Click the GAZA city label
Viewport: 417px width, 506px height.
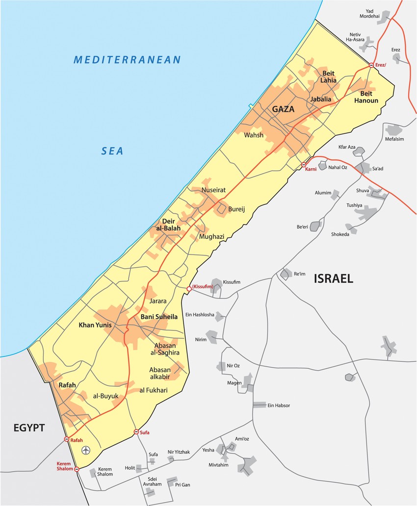click(x=284, y=109)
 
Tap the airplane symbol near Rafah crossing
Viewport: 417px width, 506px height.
click(x=87, y=450)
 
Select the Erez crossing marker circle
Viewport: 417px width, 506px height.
click(x=371, y=65)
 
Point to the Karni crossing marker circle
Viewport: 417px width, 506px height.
click(x=304, y=165)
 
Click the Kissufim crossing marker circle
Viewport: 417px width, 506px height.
click(x=189, y=289)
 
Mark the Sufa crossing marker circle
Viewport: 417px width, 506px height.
click(x=136, y=432)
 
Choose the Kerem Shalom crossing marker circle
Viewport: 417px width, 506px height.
click(x=77, y=469)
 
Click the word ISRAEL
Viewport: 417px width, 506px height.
click(x=333, y=279)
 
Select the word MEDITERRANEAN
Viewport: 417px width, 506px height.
click(x=127, y=60)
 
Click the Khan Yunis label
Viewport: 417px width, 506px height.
click(x=95, y=325)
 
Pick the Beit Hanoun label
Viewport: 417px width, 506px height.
click(x=366, y=97)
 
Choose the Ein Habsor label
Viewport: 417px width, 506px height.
click(x=279, y=405)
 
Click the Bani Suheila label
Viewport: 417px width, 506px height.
click(x=159, y=317)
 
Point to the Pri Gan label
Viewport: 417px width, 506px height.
click(x=182, y=484)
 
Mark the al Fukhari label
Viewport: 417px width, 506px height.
click(x=154, y=390)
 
